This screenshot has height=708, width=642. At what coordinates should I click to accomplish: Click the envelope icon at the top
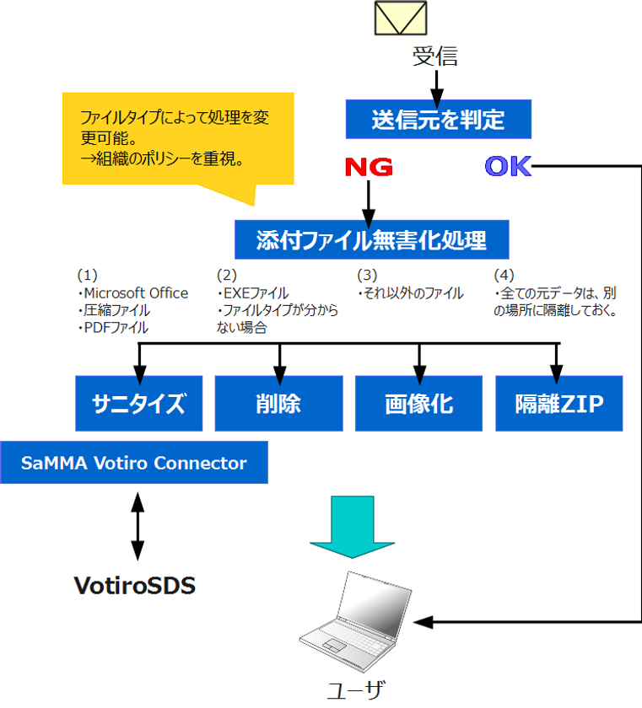[x=401, y=19]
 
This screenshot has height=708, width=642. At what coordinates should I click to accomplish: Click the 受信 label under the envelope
[x=435, y=56]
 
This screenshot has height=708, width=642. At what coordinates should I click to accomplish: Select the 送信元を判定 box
[x=438, y=120]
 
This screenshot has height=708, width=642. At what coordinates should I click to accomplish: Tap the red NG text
[x=369, y=167]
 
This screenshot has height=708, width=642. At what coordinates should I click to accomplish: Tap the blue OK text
[x=508, y=167]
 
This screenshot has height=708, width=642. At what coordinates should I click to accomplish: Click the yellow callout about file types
[x=177, y=138]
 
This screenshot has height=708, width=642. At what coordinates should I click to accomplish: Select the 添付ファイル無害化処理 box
[x=371, y=240]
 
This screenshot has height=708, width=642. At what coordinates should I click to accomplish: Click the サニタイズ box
[x=139, y=404]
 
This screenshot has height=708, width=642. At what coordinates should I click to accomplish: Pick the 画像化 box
[x=418, y=404]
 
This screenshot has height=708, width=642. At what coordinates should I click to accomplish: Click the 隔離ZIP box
[x=558, y=404]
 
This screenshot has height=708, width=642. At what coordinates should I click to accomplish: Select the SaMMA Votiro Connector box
[x=134, y=463]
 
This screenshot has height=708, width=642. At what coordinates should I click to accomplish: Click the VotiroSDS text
[x=134, y=585]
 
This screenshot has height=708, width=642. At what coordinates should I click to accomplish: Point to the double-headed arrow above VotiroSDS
[x=137, y=524]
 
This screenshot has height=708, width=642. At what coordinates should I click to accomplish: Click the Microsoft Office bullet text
[x=133, y=293]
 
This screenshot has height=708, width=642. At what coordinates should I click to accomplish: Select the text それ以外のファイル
[x=412, y=293]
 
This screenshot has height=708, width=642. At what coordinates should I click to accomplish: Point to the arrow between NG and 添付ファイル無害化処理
[x=369, y=199]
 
